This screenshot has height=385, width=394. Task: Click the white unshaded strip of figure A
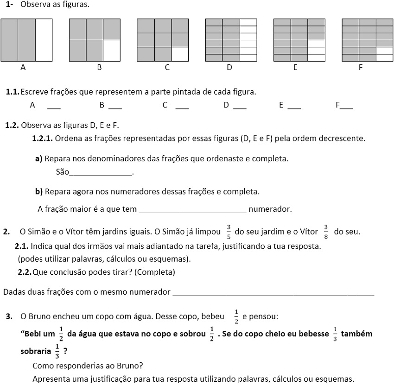[44, 40]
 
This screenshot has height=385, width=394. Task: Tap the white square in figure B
[112, 50]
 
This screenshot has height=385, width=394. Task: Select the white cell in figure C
[180, 54]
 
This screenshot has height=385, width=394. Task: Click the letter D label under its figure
[229, 68]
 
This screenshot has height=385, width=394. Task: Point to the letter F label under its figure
[361, 68]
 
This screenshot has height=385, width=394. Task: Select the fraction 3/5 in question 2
[229, 231]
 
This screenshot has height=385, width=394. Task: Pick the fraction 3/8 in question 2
[326, 231]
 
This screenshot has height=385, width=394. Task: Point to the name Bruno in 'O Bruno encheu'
[38, 317]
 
